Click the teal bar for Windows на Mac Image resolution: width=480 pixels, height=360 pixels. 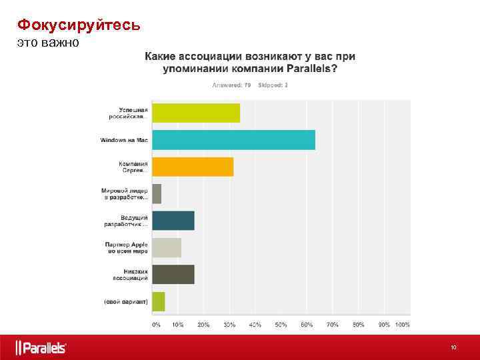[233, 140]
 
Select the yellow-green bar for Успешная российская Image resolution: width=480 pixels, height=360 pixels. [196, 113]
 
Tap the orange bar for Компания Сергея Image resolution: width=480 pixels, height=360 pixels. [193, 167]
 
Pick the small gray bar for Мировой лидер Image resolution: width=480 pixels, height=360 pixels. [157, 194]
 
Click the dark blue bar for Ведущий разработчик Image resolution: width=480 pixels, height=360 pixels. [173, 221]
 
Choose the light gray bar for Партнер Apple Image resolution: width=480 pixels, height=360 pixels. [167, 247]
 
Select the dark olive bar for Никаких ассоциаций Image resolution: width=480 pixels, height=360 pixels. [173, 275]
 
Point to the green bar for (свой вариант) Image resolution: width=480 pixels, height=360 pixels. [159, 301]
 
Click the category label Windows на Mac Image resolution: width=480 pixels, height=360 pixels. [124, 140]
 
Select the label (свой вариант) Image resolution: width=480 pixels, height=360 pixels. [125, 301]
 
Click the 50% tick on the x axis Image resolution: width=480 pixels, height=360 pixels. [281, 325]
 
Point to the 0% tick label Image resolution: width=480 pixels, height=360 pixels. [156, 325]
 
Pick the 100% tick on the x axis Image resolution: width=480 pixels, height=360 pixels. [402, 325]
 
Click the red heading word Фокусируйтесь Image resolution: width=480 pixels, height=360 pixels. [79, 25]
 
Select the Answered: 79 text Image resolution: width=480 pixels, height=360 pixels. [231, 85]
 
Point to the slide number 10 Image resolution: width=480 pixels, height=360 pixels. [453, 347]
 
